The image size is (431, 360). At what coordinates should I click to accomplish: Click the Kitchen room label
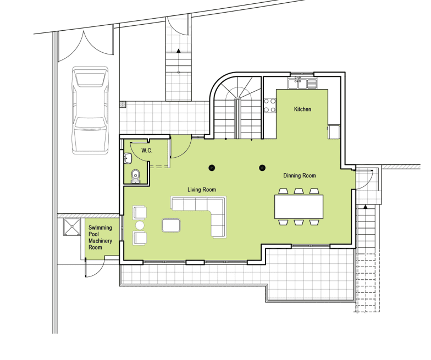tap(302, 109)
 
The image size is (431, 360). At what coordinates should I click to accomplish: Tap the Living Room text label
tap(201, 190)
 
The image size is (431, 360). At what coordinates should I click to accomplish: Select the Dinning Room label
tap(299, 176)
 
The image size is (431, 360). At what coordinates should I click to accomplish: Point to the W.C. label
tap(147, 151)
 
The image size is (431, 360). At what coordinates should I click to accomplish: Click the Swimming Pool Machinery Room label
tap(100, 237)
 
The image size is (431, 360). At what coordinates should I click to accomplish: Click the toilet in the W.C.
tap(135, 176)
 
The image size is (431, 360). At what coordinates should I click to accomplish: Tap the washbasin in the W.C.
tap(128, 158)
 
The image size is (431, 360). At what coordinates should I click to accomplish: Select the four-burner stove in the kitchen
tap(269, 106)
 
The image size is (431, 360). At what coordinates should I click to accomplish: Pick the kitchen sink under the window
tap(302, 83)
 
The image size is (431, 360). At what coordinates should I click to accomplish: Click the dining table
tap(299, 207)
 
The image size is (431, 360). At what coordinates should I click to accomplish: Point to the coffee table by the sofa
tap(171, 225)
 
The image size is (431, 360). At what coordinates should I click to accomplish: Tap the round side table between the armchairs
tap(140, 225)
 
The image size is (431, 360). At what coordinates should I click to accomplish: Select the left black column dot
tap(212, 168)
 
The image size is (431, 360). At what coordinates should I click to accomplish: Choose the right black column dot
tap(262, 168)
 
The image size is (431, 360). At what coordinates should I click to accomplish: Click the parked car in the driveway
tap(90, 110)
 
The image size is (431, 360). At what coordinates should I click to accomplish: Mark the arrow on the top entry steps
tap(179, 51)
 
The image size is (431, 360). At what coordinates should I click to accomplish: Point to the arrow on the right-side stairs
tap(365, 207)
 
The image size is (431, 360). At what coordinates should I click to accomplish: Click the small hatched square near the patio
tap(123, 104)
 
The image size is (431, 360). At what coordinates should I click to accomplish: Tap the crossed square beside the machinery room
tap(72, 227)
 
